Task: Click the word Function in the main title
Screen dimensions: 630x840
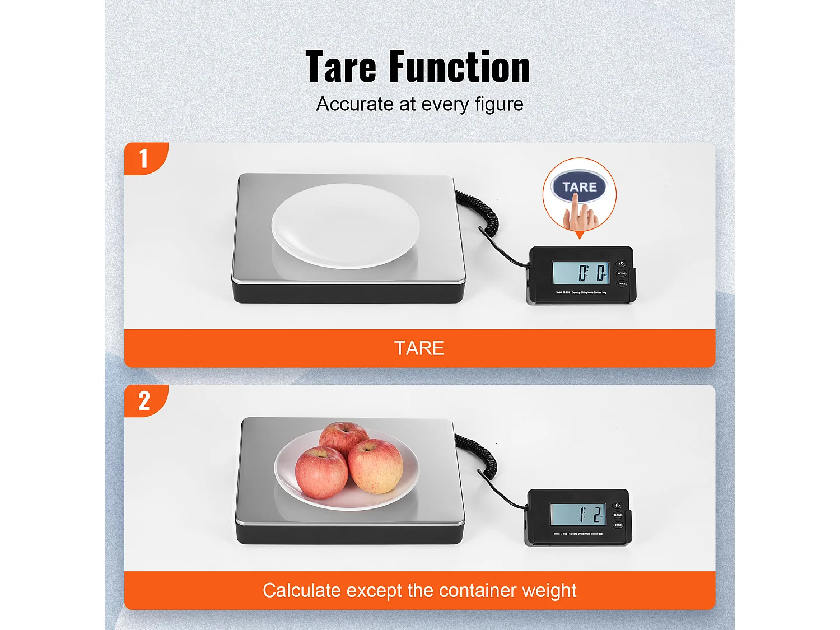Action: click(459, 67)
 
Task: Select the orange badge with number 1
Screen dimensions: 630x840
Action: click(144, 158)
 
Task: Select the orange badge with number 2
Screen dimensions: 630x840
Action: click(144, 401)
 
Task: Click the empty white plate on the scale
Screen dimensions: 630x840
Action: click(345, 226)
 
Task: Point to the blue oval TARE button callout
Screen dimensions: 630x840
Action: click(579, 187)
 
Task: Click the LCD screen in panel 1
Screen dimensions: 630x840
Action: click(580, 273)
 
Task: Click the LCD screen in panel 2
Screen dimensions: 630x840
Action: click(578, 514)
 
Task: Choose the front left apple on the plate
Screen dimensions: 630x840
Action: click(321, 472)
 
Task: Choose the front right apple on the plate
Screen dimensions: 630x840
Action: click(375, 466)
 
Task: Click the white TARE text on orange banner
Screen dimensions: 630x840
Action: click(419, 348)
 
